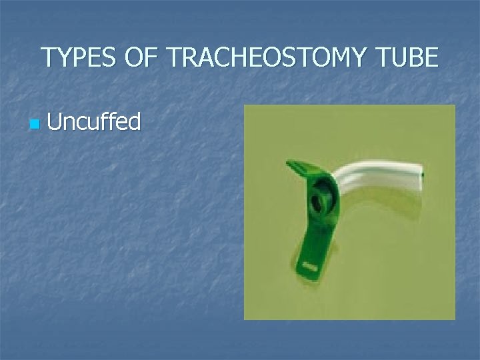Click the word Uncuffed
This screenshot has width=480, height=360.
[94, 122]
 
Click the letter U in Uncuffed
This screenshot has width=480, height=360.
[55, 122]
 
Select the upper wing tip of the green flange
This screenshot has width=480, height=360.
[294, 164]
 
